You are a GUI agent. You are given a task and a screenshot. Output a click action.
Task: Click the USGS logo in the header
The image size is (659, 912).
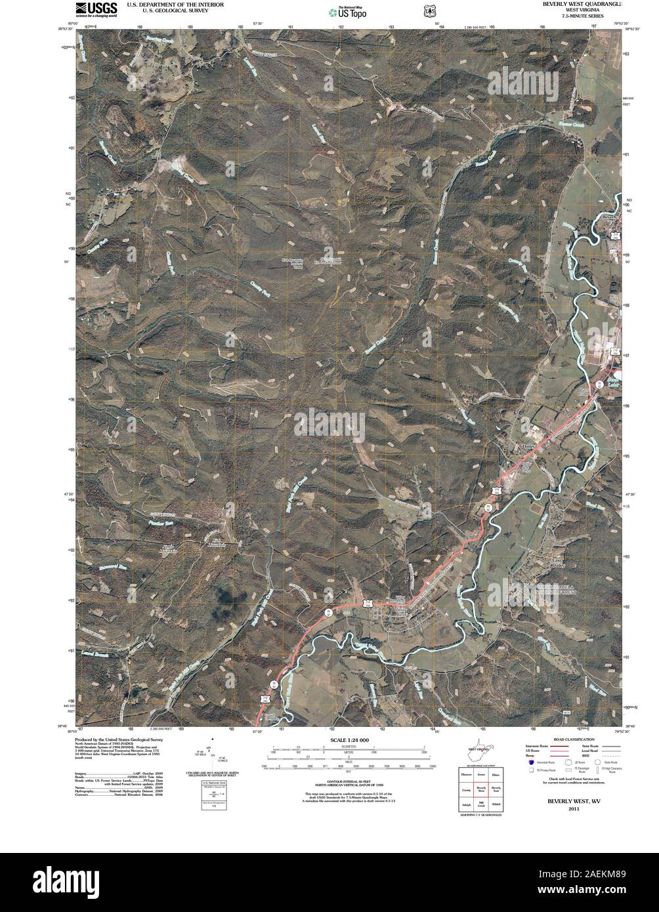click(96, 9)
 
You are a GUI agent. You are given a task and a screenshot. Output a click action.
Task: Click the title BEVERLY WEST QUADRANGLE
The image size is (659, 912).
click(582, 4)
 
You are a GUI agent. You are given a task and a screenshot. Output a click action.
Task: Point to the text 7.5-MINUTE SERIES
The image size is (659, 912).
click(582, 15)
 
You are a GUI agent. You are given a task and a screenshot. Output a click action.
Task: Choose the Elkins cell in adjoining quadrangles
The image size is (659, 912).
click(496, 774)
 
